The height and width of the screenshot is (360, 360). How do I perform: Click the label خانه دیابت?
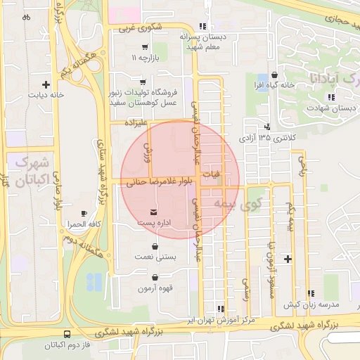pyautogui.click(x=46, y=94)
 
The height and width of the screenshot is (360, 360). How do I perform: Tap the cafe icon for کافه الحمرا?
pyautogui.click(x=84, y=212)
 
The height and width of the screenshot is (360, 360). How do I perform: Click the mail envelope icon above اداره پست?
pyautogui.click(x=154, y=212)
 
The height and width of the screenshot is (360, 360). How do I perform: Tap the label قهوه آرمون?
pyautogui.click(x=155, y=288)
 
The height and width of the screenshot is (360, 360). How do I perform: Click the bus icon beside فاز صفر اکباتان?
pyautogui.click(x=67, y=335)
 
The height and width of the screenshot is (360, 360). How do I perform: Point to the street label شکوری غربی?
pyautogui.click(x=140, y=29)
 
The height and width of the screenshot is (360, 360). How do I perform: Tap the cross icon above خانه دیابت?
pyautogui.click(x=46, y=84)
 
